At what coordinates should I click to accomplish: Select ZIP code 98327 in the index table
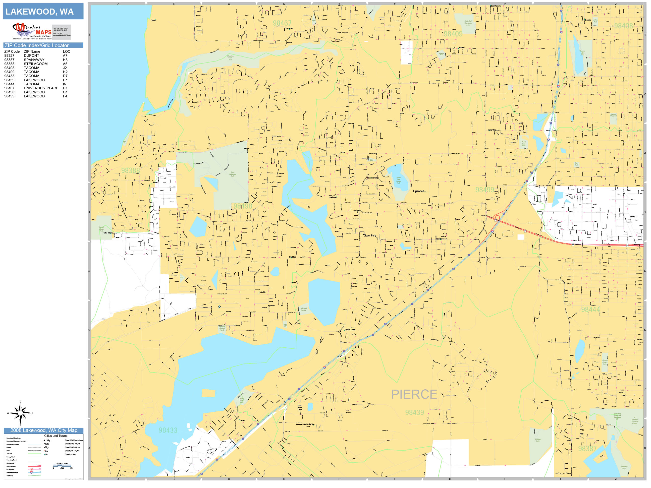[9, 55]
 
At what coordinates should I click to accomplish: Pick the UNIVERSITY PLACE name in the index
[41, 88]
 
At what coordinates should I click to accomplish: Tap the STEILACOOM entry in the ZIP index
[36, 64]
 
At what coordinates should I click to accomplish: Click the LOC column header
[67, 51]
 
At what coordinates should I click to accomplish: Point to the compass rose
[20, 413]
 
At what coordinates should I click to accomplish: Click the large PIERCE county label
[414, 394]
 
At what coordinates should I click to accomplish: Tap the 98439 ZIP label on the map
[414, 412]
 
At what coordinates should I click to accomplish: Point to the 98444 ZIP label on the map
[590, 310]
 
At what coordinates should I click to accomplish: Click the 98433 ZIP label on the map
[168, 430]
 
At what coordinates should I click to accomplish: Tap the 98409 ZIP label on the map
[453, 34]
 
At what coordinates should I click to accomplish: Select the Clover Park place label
[369, 236]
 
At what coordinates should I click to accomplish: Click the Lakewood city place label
[418, 191]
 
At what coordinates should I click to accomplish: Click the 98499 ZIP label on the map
[484, 190]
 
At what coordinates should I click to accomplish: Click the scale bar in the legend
[62, 466]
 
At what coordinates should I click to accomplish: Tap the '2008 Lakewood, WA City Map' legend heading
[43, 430]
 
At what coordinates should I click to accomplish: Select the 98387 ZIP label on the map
[587, 449]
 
